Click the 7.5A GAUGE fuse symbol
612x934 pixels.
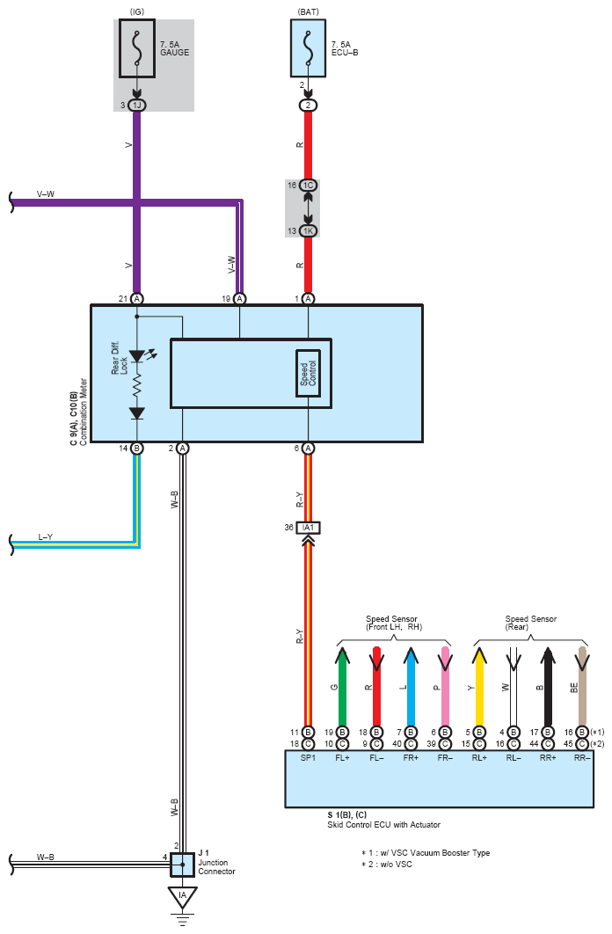click(x=137, y=48)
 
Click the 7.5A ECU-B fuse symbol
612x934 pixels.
click(x=308, y=48)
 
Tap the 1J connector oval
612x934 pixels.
click(x=137, y=106)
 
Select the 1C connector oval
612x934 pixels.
click(x=308, y=186)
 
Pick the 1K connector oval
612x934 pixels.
click(x=308, y=230)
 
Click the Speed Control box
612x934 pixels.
click(x=308, y=374)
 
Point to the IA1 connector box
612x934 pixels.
click(x=308, y=528)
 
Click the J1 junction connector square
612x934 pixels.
click(x=182, y=865)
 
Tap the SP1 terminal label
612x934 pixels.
click(x=308, y=758)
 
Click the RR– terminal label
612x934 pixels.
click(x=582, y=758)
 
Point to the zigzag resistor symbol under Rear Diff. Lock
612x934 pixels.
click(x=137, y=385)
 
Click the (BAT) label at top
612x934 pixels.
click(x=308, y=11)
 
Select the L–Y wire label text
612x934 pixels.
click(x=45, y=536)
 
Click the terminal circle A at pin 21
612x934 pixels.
click(x=137, y=298)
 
